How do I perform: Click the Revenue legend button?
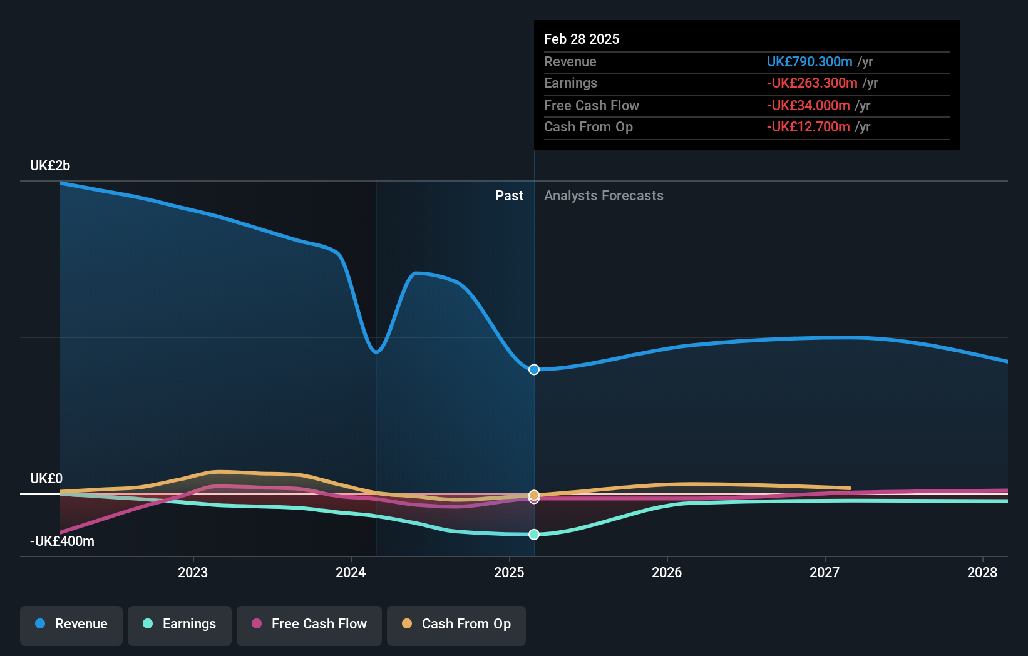coord(71,624)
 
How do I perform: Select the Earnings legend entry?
coord(180,624)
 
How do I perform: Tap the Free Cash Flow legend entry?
coord(309,624)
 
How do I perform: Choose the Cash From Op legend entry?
coord(456,624)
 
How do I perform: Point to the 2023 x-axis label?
coord(193,572)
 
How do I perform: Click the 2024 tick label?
coord(351,572)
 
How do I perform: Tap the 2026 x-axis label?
coord(667,572)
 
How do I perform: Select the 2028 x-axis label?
coord(982,572)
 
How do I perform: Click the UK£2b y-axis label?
coord(50,165)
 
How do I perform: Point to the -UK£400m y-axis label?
coord(62,541)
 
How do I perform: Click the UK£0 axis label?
coord(46,478)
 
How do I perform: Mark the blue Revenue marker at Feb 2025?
coord(534,370)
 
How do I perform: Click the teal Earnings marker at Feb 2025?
coord(534,535)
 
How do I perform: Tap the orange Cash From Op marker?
coord(534,495)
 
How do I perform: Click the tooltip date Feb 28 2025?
coord(582,39)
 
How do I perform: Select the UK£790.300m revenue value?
coord(810,61)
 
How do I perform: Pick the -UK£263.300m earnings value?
coord(812,83)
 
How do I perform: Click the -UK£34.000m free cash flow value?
coord(808,105)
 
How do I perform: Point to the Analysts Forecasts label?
coord(604,195)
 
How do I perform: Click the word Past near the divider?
coord(509,195)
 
